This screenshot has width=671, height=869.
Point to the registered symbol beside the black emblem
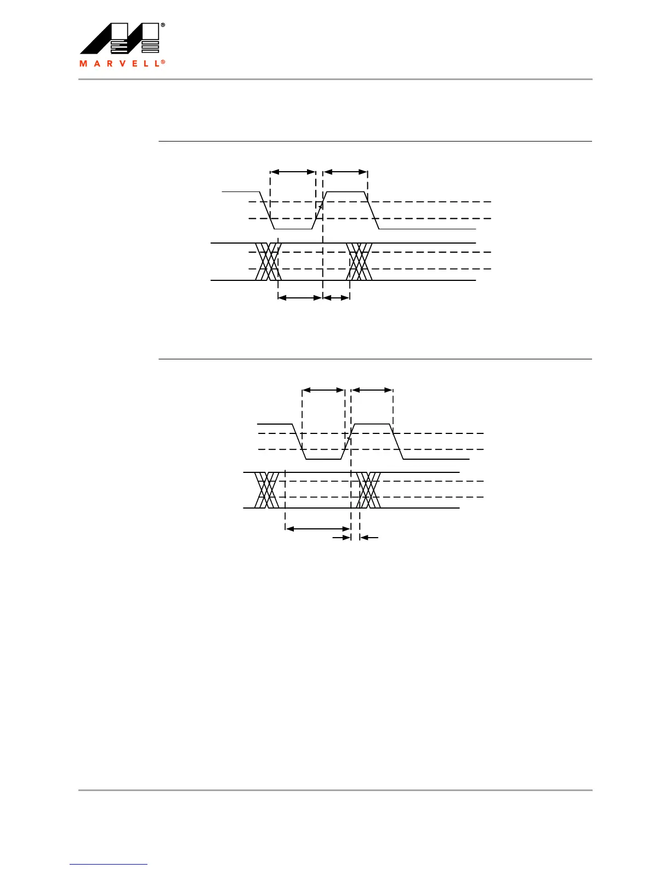[x=163, y=26]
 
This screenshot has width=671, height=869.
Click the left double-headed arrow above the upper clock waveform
[x=293, y=172]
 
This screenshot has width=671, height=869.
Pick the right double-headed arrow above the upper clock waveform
[x=345, y=172]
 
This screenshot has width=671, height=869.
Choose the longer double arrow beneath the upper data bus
[x=300, y=298]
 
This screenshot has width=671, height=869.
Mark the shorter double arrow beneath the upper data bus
[x=337, y=298]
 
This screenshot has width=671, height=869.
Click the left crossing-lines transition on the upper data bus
[x=268, y=262]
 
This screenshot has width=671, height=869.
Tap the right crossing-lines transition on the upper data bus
[x=360, y=262]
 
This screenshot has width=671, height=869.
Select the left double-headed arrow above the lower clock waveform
[x=323, y=390]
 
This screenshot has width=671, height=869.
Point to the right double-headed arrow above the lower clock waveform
[x=372, y=390]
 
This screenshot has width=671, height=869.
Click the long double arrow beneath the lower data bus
[x=318, y=529]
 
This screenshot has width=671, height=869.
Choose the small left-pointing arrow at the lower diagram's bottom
[x=369, y=538]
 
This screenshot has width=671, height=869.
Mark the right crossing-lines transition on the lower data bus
[x=368, y=490]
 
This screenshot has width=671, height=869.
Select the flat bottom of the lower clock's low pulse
[x=323, y=459]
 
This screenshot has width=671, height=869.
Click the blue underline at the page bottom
[x=109, y=865]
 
